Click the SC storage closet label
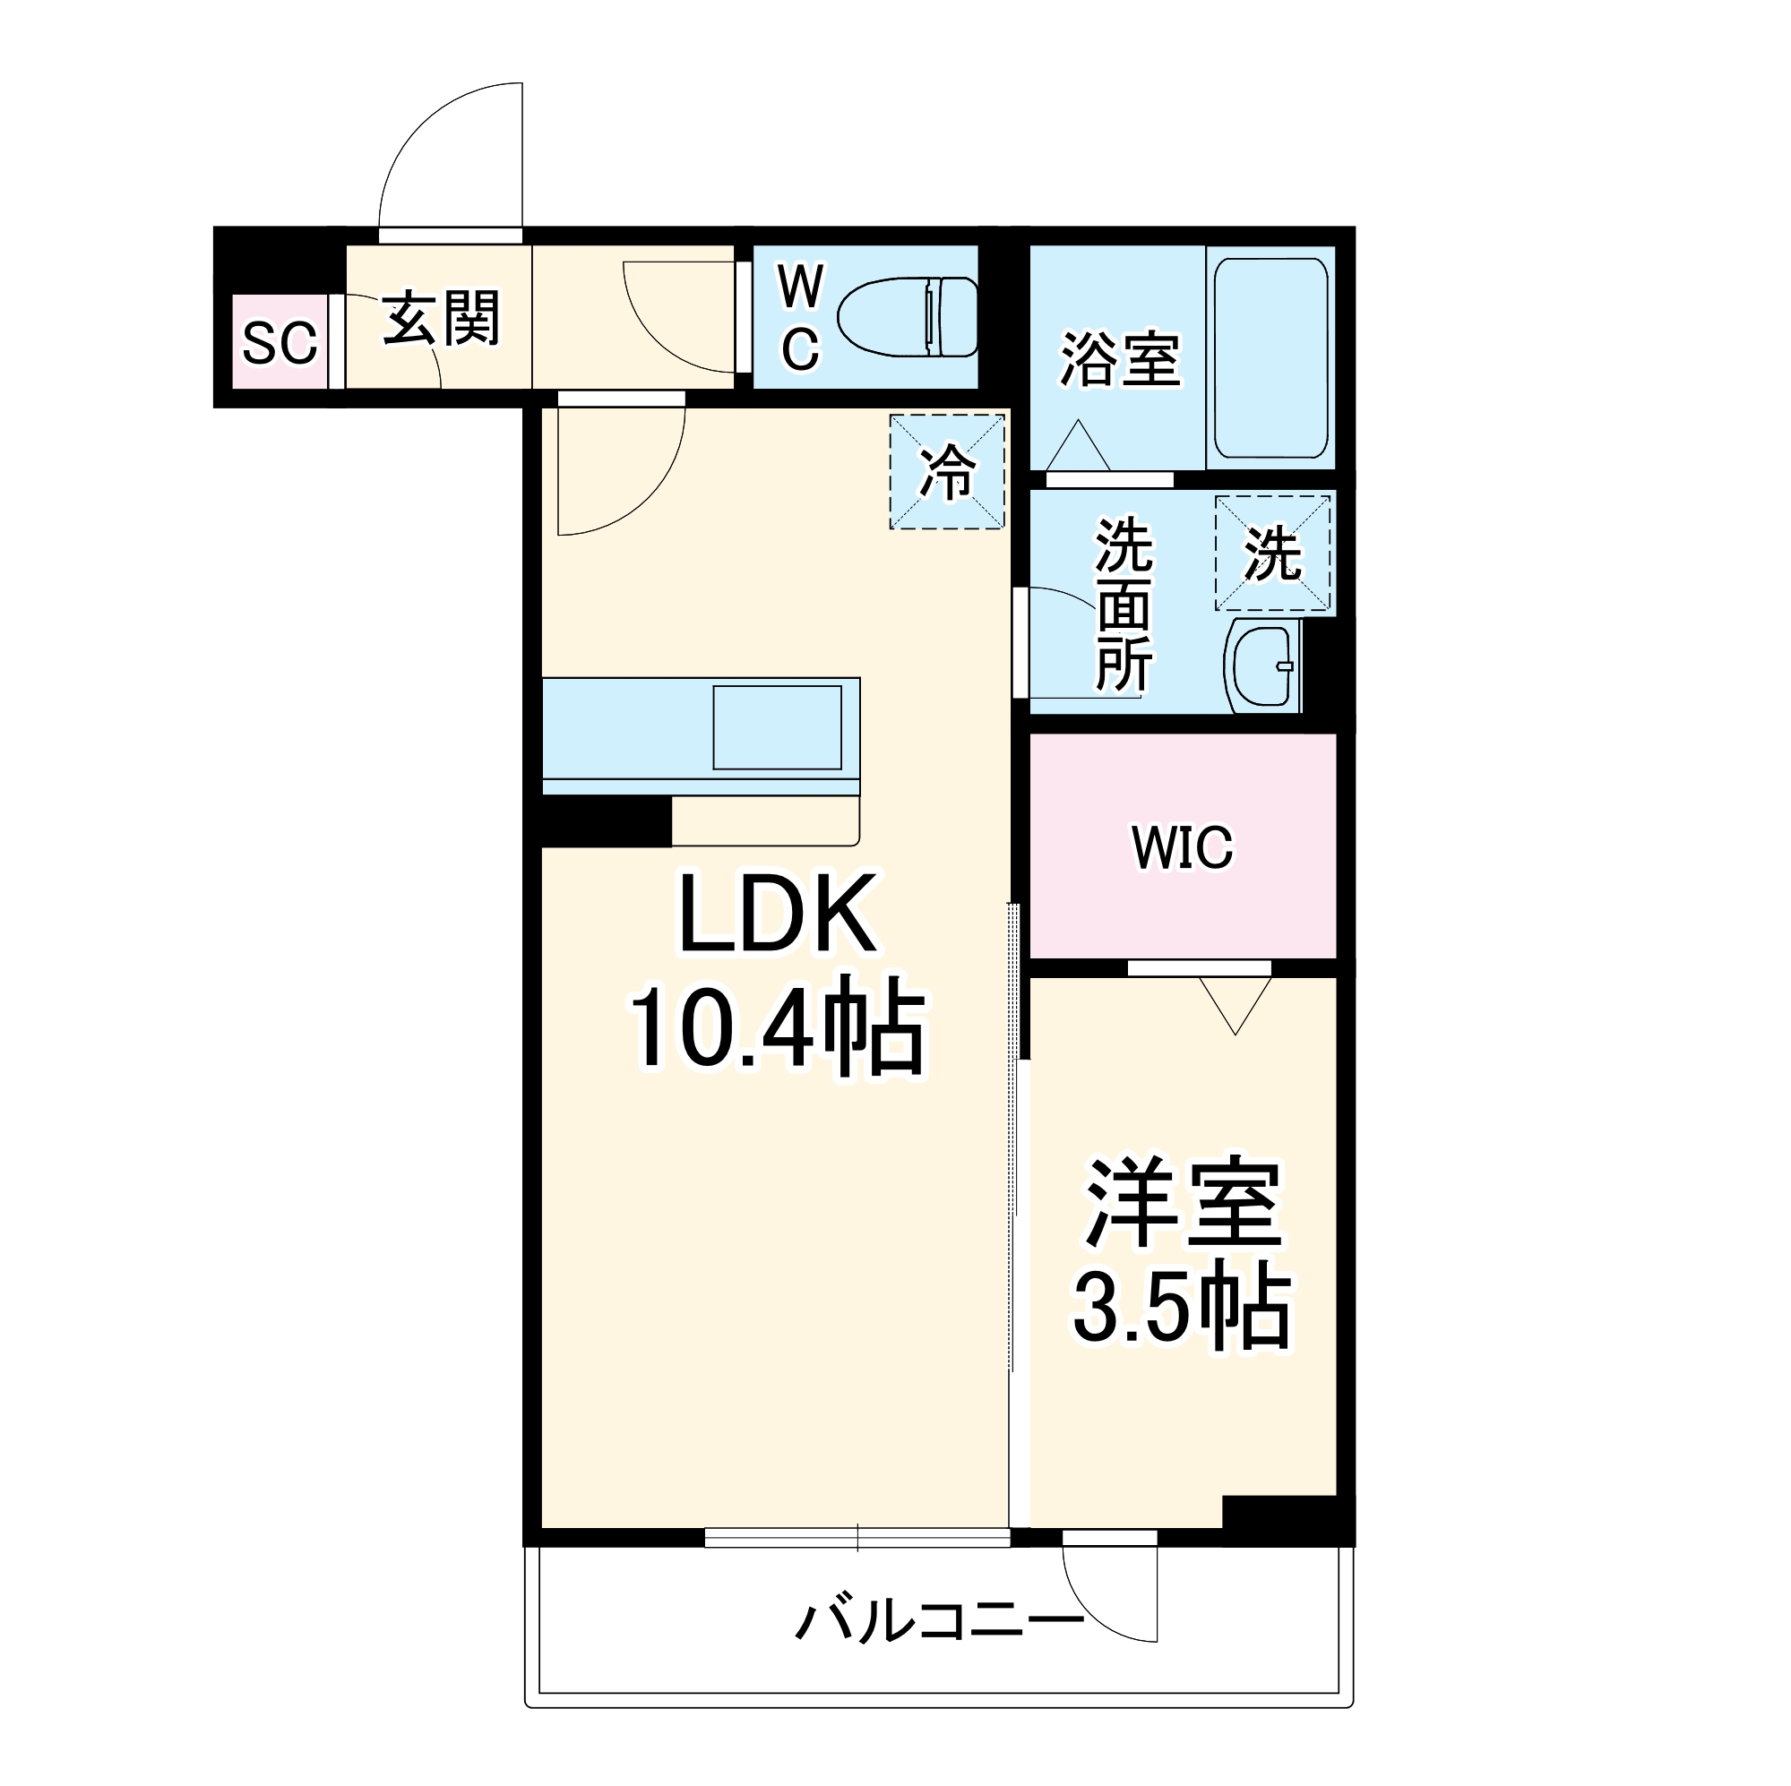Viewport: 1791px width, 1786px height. pyautogui.click(x=279, y=342)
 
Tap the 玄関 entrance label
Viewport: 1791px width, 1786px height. pyautogui.click(x=442, y=318)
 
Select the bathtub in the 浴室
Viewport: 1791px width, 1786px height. pyautogui.click(x=1270, y=357)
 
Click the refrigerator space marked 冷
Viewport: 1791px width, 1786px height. pyautogui.click(x=946, y=472)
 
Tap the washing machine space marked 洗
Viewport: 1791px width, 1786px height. pyautogui.click(x=1272, y=554)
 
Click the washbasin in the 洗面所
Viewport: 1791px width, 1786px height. pyautogui.click(x=1262, y=665)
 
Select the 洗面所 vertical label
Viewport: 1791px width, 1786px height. pyautogui.click(x=1124, y=605)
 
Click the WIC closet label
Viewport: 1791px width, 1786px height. pyautogui.click(x=1182, y=846)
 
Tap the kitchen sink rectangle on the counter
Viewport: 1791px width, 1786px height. pyautogui.click(x=777, y=726)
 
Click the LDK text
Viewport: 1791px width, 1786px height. pyautogui.click(x=778, y=914)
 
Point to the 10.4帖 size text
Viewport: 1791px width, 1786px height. pyautogui.click(x=777, y=1028)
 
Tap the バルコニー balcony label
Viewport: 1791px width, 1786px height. pyautogui.click(x=939, y=1620)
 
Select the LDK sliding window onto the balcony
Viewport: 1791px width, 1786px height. pyautogui.click(x=857, y=1538)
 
